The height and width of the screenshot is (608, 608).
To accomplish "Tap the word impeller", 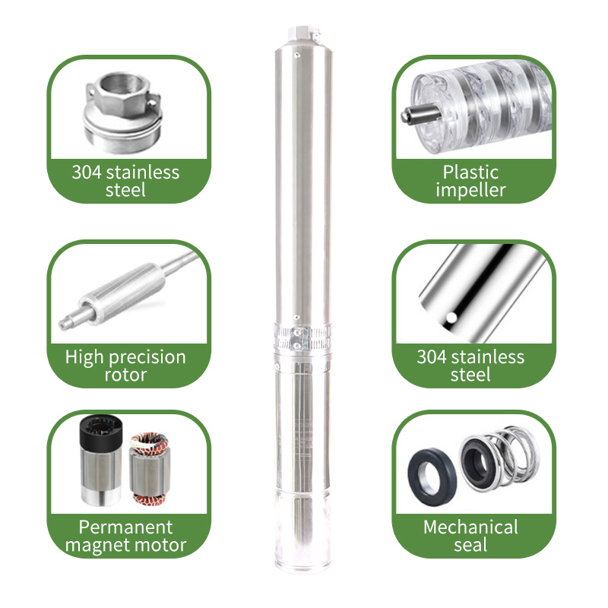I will pyautogui.click(x=470, y=190).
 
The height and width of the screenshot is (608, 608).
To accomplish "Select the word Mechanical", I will pyautogui.click(x=470, y=527).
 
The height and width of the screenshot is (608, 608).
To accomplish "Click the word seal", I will pyautogui.click(x=470, y=546).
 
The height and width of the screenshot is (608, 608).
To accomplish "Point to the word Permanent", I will pyautogui.click(x=125, y=527).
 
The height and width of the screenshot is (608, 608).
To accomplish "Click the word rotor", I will pyautogui.click(x=125, y=375).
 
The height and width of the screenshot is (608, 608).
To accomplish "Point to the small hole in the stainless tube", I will pyautogui.click(x=451, y=317).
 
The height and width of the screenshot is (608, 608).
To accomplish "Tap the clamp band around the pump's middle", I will pyautogui.click(x=300, y=331).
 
